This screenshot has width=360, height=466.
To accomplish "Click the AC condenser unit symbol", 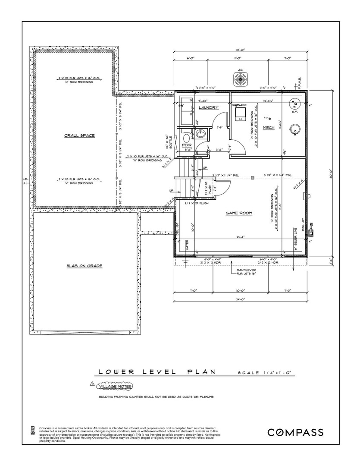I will (241, 79).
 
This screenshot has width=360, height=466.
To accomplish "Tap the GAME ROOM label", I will (238, 213).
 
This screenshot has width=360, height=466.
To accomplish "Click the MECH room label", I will (269, 128).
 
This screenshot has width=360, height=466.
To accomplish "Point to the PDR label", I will (186, 145).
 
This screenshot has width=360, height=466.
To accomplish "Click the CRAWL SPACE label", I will (79, 135).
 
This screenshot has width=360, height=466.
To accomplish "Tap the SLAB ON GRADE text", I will (84, 266).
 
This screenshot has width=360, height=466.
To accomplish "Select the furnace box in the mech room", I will (240, 114).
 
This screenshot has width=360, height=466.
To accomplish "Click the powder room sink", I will (201, 134).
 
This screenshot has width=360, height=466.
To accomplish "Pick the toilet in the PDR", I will (186, 138).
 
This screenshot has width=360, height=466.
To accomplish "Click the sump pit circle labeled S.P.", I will (294, 104).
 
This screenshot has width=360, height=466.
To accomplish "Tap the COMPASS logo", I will (295, 432).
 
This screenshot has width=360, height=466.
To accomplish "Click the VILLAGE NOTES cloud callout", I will (114, 386).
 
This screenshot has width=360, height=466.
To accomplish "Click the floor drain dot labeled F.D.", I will (269, 117).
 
